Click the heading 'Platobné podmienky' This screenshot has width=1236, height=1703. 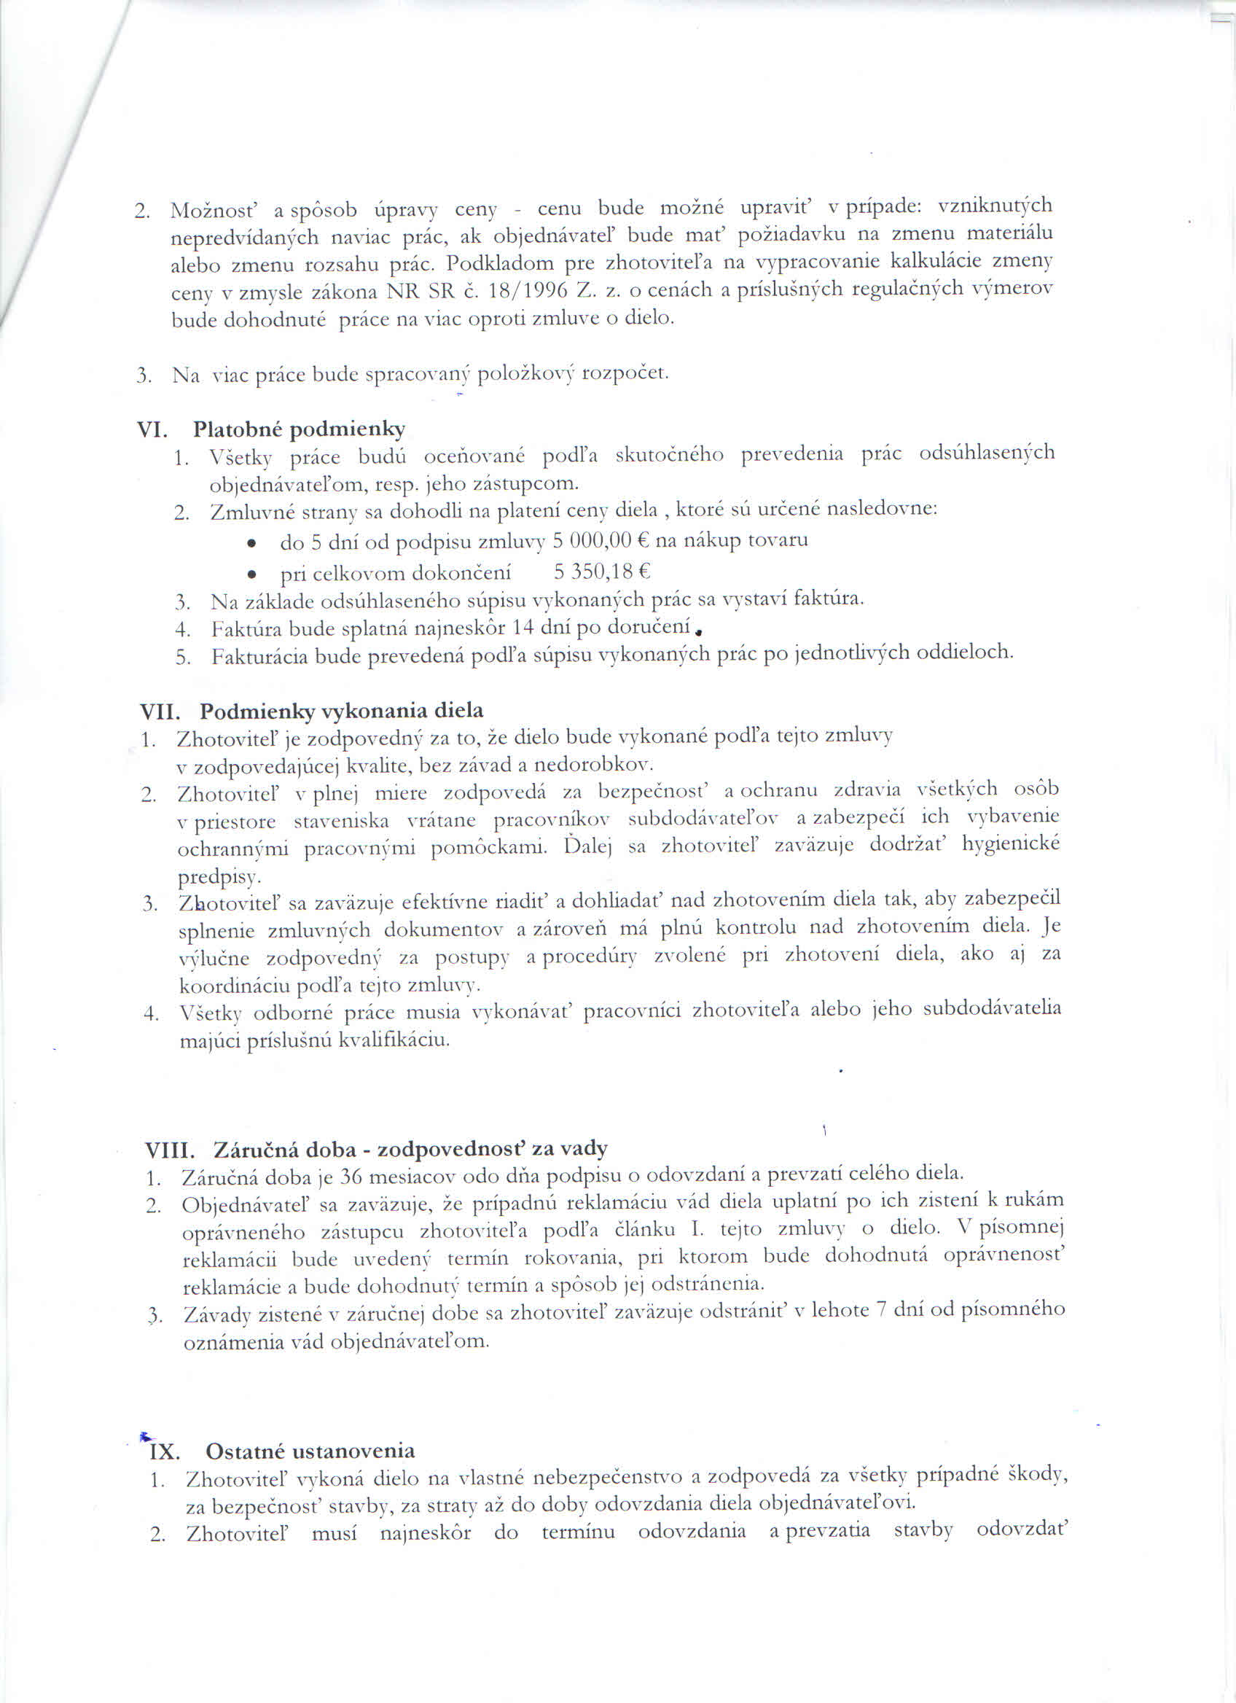point(299,429)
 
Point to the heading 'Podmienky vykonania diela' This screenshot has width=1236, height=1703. point(342,710)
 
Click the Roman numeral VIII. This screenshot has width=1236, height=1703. point(171,1150)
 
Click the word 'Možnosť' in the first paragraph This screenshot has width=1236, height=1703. point(204,210)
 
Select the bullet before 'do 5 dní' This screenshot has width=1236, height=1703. point(254,543)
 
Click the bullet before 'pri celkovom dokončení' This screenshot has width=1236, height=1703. point(254,575)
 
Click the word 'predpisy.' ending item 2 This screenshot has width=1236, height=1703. point(219,877)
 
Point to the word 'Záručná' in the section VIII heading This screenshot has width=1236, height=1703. point(252,1150)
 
